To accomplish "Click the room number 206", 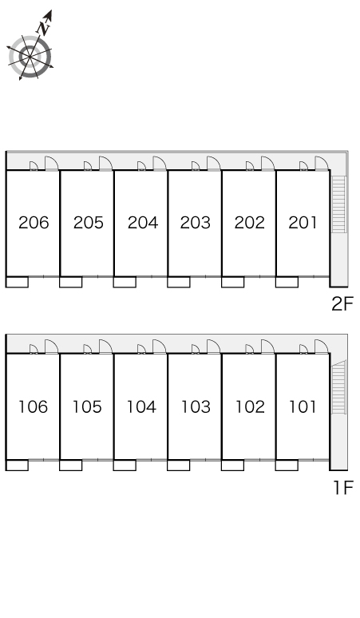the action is pos(34,223).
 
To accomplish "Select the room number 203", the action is pos(196,223).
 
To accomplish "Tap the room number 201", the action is pos(303,223).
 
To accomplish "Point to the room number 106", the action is pos(33,406).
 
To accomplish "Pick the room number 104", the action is pos(141,406).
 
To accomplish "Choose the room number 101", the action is pos(303,406).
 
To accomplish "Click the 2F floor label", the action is pos(342,304).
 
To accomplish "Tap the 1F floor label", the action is pos(343,488).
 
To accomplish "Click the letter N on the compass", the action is pos(44,27).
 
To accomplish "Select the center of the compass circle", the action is pos(30,57).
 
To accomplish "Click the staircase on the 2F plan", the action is pos(338,204).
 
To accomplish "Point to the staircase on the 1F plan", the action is pos(338,387).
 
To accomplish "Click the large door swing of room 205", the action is pos(105,163).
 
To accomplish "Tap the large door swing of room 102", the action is pos(268,347).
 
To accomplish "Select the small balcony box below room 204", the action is pos(125,282).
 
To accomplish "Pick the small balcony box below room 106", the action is pos(17,465).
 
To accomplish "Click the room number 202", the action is pos(249,223).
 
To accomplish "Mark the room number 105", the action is pos(87,406).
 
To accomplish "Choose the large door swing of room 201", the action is pos(322,163).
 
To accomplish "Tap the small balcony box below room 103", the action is pos(179,465).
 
